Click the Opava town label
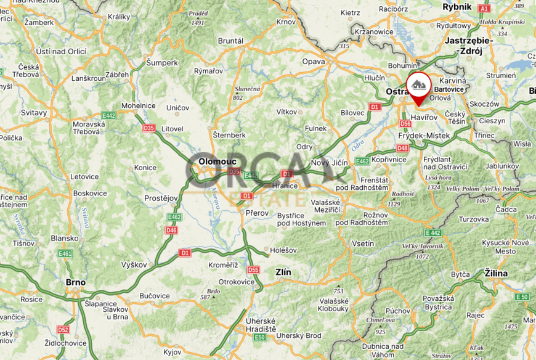[313, 61]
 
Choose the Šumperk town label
[162, 62]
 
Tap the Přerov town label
[258, 213]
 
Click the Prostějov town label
[160, 198]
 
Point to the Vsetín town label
[362, 243]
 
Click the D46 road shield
[171, 230]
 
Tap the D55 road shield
[253, 270]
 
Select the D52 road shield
[63, 329]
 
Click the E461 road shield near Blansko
[65, 253]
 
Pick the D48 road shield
[403, 148]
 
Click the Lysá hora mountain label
[434, 178]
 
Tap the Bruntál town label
[230, 41]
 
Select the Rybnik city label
[457, 6]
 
